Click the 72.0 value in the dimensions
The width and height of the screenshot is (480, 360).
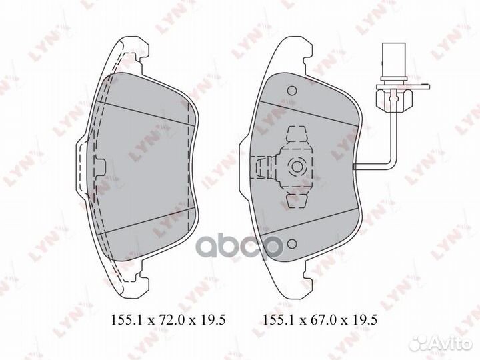click(171, 320)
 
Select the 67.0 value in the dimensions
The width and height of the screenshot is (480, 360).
click(323, 320)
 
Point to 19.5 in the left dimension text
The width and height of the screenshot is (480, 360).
click(213, 320)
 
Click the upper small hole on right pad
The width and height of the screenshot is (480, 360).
click(292, 91)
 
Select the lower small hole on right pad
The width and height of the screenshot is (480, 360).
click(292, 244)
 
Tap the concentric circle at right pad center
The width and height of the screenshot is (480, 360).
click(296, 167)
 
